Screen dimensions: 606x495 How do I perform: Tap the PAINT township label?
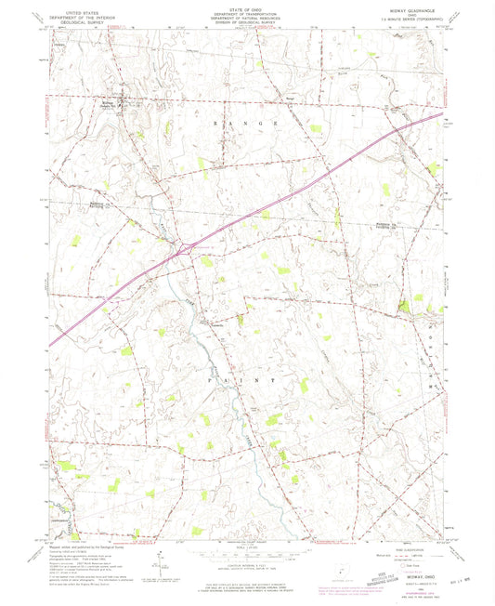(x=244, y=381)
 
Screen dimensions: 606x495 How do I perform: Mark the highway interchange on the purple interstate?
(x=187, y=248)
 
